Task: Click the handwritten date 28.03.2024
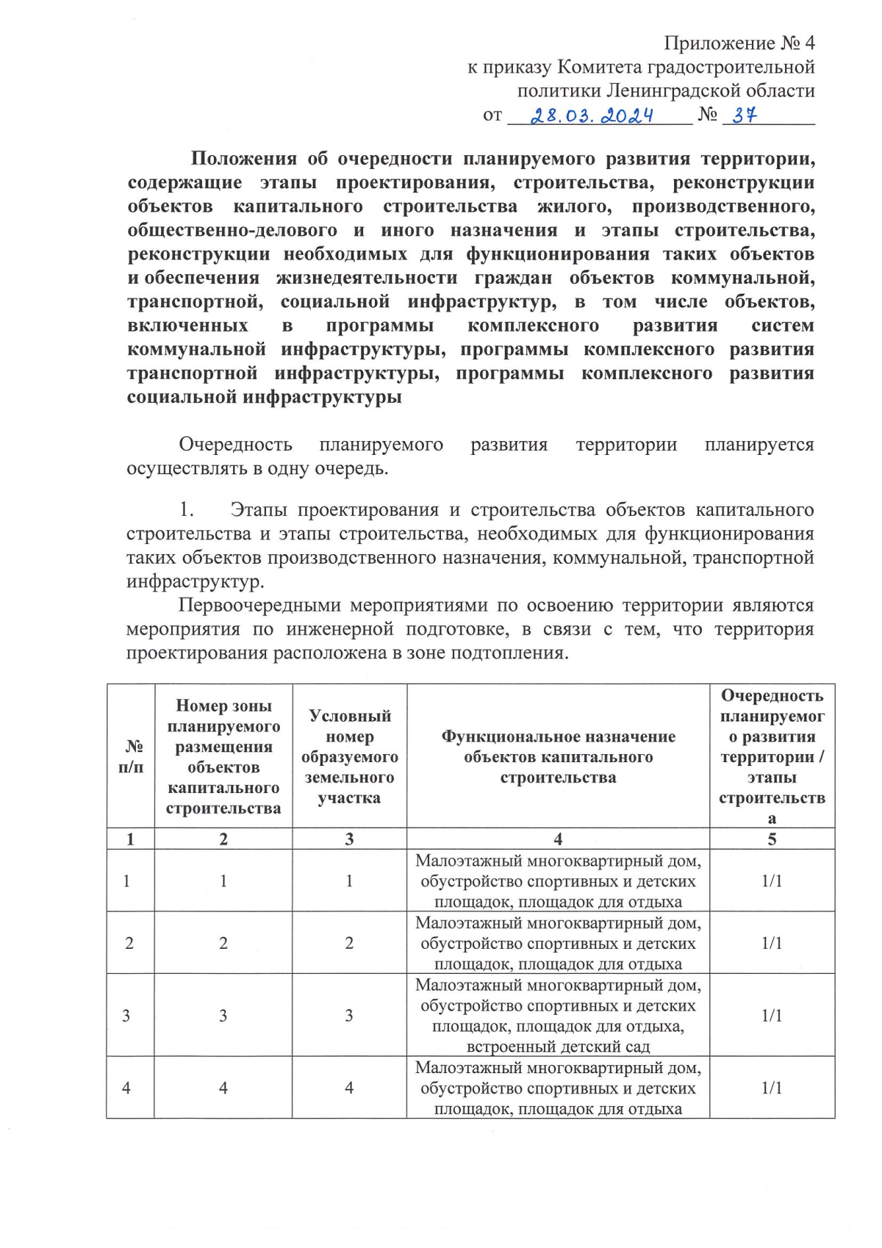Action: pos(592,115)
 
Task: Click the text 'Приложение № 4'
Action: pos(739,43)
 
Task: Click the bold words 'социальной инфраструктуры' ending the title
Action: pos(265,398)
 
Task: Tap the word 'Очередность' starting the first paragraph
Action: pos(235,445)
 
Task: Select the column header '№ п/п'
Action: pos(131,756)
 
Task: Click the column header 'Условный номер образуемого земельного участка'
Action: pos(349,756)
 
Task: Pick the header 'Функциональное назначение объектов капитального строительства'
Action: pos(558,756)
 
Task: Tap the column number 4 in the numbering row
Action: pos(558,839)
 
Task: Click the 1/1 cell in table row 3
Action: pos(772,1015)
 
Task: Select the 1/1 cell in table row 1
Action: pos(772,881)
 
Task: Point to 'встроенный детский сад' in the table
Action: pos(558,1046)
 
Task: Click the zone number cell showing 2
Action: pos(223,943)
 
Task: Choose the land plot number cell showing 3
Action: pos(349,1015)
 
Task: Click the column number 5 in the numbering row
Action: pos(772,839)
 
